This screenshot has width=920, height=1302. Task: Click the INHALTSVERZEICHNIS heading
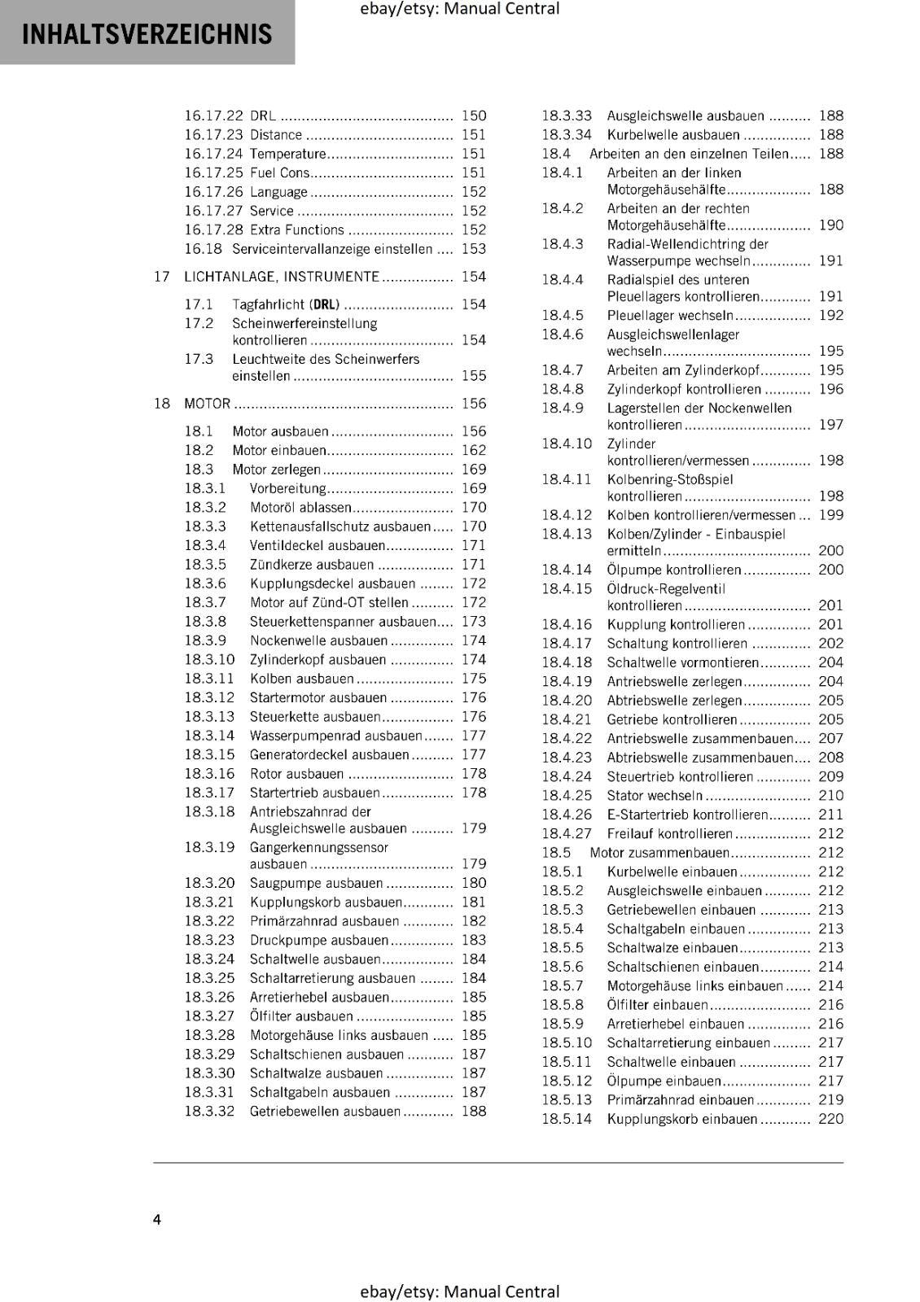pos(147,34)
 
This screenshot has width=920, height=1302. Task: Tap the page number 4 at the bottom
pos(157,1219)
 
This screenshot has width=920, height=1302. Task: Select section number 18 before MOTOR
pos(162,404)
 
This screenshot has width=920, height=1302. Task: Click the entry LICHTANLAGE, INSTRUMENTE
pos(282,277)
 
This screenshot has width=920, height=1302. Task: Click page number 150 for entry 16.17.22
pos(473,116)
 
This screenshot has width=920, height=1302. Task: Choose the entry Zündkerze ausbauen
pos(312,565)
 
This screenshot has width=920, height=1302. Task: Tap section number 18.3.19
pos(209,847)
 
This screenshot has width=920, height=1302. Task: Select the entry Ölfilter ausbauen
pos(301,1016)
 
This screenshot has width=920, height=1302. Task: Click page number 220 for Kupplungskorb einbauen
pos(830,1119)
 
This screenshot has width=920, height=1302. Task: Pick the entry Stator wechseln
pos(655,796)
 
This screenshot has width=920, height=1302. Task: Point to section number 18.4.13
pos(567,534)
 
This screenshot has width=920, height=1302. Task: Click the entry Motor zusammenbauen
pos(659,853)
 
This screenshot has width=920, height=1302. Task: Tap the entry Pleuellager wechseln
pos(670,316)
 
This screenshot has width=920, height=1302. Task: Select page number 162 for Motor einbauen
pos(473,450)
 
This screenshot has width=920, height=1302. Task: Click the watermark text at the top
pos(459,9)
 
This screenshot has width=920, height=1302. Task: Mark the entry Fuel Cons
pos(279,173)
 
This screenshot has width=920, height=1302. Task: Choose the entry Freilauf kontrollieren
pos(669,834)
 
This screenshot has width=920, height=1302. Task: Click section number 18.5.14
pos(567,1119)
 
